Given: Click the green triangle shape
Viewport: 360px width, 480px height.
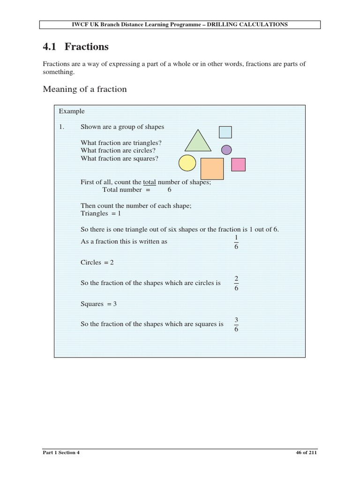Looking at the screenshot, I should click(x=198, y=142).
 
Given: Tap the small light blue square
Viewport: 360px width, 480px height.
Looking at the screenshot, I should click(x=225, y=132).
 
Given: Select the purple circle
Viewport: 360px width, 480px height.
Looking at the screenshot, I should click(x=226, y=150).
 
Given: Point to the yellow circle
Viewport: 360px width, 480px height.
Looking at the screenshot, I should click(x=187, y=163).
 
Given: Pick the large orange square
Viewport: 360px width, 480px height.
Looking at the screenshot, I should click(x=212, y=169).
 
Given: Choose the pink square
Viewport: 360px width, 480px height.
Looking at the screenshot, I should click(x=239, y=165).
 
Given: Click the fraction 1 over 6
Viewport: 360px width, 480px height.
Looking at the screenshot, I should click(x=236, y=242).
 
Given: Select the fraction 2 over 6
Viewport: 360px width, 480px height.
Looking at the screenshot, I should click(x=236, y=283).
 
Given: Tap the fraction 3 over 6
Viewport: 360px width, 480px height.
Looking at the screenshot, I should click(x=236, y=324).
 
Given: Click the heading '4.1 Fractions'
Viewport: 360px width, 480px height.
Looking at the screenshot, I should click(x=75, y=47).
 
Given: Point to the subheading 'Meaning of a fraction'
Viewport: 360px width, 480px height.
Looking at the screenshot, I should click(x=85, y=89).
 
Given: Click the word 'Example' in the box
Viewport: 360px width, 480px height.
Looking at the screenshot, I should click(x=72, y=112).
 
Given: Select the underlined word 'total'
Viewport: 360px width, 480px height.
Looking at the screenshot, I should click(x=149, y=182).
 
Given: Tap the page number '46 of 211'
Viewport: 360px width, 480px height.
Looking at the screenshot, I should click(x=307, y=453).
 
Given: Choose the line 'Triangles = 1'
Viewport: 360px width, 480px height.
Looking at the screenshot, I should click(x=101, y=213).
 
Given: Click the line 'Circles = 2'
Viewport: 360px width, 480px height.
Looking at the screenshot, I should click(x=97, y=262).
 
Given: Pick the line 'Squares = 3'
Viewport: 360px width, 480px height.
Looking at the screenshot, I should click(x=98, y=304).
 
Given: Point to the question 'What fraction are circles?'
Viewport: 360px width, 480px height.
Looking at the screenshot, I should click(x=118, y=151).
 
